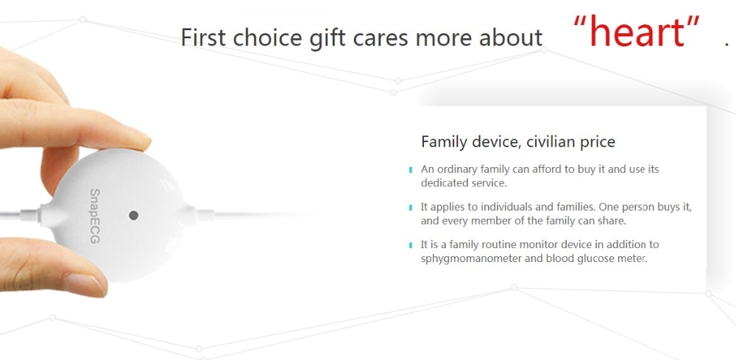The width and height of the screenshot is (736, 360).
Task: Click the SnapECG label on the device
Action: [x=94, y=216]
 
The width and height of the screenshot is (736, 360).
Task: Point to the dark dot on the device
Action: [x=133, y=216]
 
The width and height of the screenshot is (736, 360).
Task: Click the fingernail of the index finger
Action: [x=137, y=139]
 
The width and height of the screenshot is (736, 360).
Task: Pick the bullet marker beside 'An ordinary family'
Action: [x=411, y=169]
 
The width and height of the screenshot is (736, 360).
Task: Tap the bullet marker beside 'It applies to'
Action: [x=411, y=208]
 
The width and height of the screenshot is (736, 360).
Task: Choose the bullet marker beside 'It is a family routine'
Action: [x=411, y=245]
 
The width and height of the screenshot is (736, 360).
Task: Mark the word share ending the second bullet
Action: [x=612, y=221]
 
